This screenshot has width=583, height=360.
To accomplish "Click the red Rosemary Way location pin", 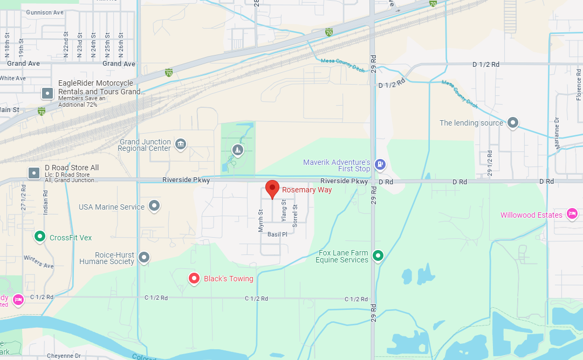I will (272, 189).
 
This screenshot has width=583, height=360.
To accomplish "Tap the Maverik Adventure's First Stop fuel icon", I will (380, 164).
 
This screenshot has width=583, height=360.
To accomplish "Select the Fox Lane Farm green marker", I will (379, 255).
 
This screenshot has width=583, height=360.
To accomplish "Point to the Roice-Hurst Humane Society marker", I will (143, 258).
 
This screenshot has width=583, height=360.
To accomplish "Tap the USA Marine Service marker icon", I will (155, 206).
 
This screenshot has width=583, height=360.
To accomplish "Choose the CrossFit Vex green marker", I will (39, 237).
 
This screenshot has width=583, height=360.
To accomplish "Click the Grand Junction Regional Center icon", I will (181, 143).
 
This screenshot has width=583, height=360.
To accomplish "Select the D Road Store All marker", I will (34, 173).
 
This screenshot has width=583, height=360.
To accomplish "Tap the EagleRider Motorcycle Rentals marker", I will (47, 93).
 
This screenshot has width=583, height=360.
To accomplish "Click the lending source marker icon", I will (513, 123).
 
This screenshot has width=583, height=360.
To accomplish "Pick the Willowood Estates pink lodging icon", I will (572, 214).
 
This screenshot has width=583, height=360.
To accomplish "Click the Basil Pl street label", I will (277, 234).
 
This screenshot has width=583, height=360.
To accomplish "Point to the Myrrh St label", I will (260, 220).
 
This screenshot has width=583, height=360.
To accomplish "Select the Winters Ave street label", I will (38, 261).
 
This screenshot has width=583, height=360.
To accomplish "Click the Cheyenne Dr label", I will (64, 356).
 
